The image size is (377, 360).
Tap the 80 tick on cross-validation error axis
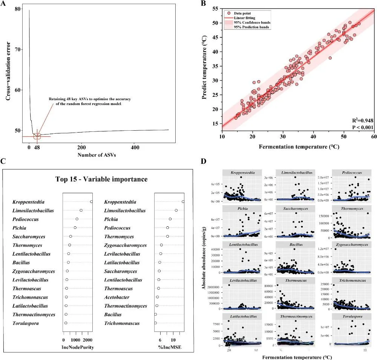[18, 9]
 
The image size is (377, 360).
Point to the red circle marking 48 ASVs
[37, 136]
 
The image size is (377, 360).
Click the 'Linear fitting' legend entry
[244, 18]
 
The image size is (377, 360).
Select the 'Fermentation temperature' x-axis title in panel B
[299, 146]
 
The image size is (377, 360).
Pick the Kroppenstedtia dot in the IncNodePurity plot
[91, 202]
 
